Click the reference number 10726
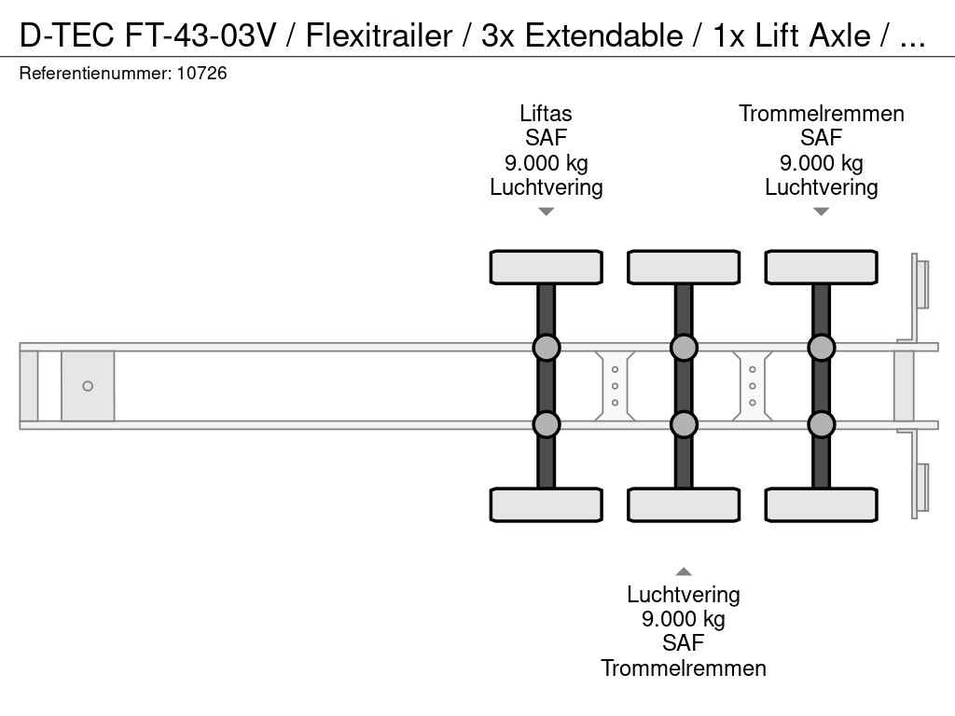click(201, 74)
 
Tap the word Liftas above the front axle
click(546, 114)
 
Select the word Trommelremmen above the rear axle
click(821, 114)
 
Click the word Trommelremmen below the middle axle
click(684, 668)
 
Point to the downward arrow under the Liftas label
click(547, 212)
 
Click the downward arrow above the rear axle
click(821, 212)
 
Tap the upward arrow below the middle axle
click(684, 571)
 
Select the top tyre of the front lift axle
click(547, 268)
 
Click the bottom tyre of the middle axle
click(684, 504)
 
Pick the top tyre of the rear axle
click(821, 268)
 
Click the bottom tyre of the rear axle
click(821, 504)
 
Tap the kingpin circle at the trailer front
click(88, 386)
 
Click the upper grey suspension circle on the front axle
click(547, 348)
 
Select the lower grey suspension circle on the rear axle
click(821, 424)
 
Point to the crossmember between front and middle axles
click(615, 386)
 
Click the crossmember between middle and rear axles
click(753, 386)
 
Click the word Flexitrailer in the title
click(379, 35)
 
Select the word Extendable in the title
click(603, 35)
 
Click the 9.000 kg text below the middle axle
click(684, 619)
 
